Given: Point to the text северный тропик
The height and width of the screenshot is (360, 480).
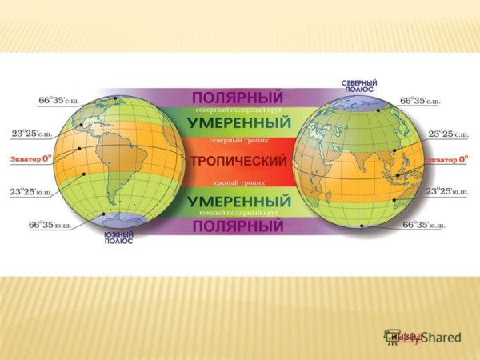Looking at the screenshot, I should [239, 141].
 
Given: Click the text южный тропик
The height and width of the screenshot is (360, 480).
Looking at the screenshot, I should [239, 182].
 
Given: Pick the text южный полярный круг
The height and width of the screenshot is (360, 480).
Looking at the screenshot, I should [239, 214].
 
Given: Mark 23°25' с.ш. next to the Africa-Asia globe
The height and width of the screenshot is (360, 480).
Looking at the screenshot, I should [447, 134].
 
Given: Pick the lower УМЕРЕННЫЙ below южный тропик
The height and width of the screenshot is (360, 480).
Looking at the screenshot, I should [239, 198].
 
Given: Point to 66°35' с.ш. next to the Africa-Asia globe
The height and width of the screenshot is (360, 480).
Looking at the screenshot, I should [421, 102].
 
